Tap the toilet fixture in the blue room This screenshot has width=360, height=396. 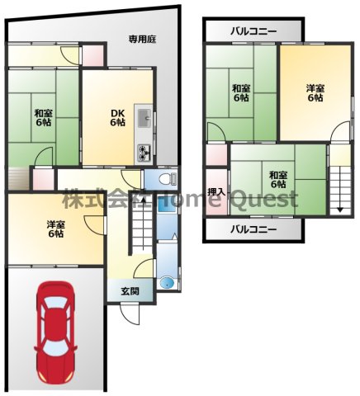(168, 179)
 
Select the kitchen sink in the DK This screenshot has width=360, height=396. (144, 118)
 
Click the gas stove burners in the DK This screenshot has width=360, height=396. (144, 153)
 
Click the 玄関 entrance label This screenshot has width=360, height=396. (130, 291)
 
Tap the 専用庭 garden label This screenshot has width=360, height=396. (143, 40)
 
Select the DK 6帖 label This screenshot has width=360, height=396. (118, 117)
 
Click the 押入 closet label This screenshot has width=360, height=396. (216, 192)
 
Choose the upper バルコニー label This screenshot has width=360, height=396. (253, 31)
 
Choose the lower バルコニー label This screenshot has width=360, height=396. (253, 229)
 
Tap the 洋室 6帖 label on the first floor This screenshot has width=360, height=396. (55, 229)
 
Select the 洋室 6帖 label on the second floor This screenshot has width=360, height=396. (315, 93)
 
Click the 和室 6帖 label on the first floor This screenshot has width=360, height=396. (43, 117)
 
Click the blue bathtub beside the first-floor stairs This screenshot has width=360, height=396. (168, 221)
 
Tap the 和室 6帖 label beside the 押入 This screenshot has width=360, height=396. (278, 179)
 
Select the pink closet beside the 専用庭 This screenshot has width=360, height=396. (93, 55)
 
